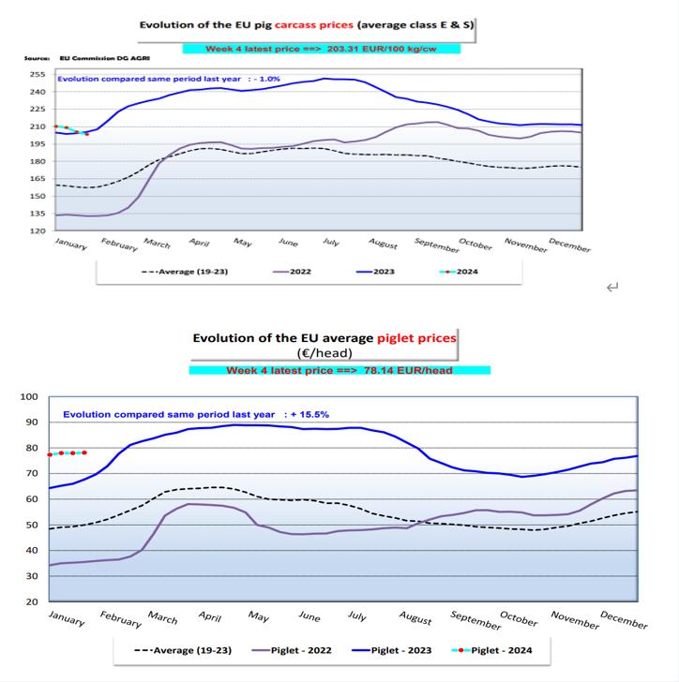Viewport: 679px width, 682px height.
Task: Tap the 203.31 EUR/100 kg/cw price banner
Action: pyautogui.click(x=321, y=48)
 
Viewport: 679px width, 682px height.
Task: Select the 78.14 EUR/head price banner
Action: pyautogui.click(x=339, y=370)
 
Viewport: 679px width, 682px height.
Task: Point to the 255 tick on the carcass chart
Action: pyautogui.click(x=38, y=75)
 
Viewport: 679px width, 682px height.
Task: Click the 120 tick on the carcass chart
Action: pyautogui.click(x=38, y=230)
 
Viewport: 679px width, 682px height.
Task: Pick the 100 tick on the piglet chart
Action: pyautogui.click(x=29, y=397)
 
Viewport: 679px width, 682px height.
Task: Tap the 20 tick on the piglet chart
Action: pyautogui.click(x=31, y=601)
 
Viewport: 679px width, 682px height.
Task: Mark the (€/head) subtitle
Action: pyautogui.click(x=325, y=353)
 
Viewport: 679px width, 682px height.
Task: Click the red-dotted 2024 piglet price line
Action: pyautogui.click(x=68, y=452)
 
